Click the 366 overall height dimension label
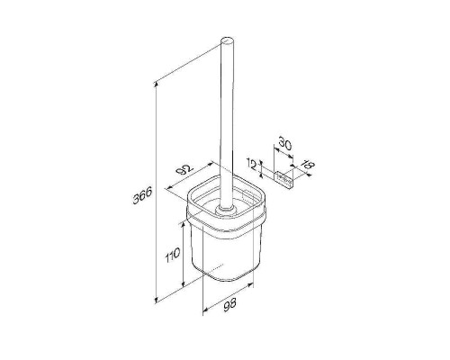pos(142,195)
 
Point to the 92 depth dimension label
pos(184,170)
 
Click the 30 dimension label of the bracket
pos(284,143)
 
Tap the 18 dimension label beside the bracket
pos(309,166)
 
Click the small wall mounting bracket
pos(284,178)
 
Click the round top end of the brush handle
pos(227,42)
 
